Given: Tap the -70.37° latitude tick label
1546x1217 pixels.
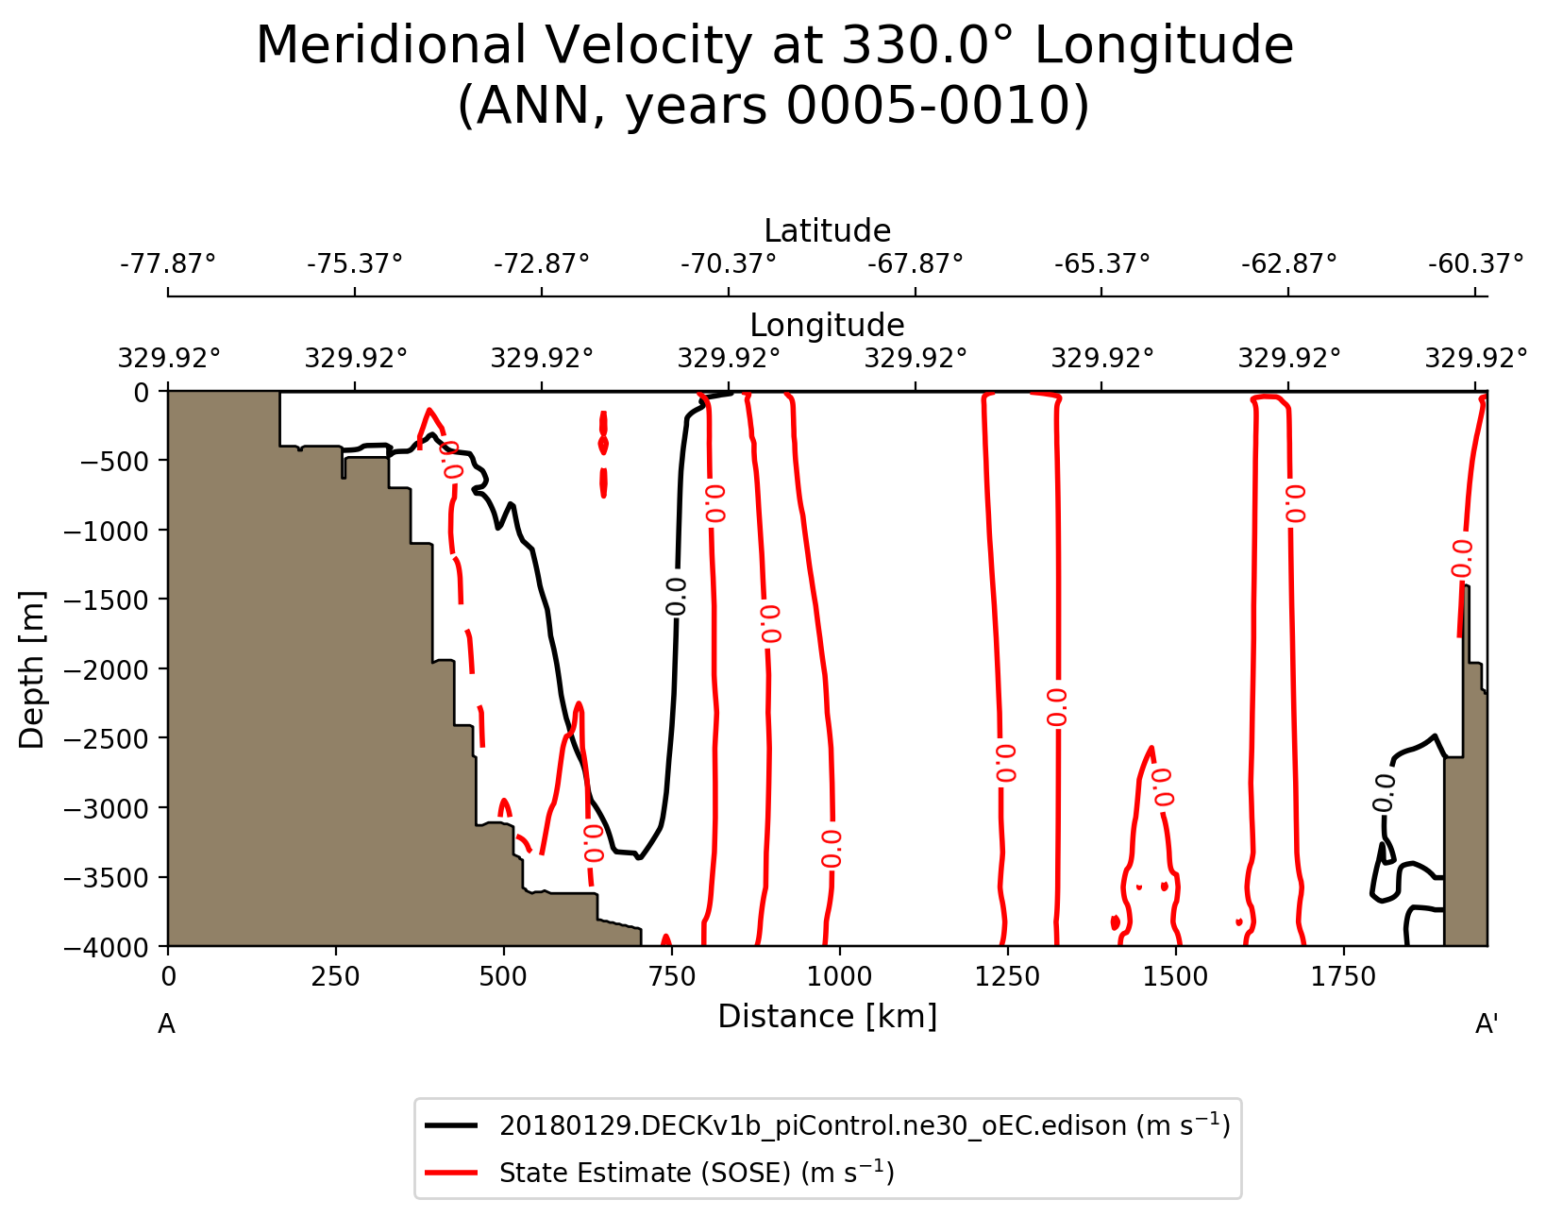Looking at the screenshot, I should pyautogui.click(x=729, y=262).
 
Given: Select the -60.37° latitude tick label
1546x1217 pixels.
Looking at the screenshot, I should pyautogui.click(x=1475, y=262).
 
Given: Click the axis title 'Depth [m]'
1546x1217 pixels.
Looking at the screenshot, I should pyautogui.click(x=32, y=669).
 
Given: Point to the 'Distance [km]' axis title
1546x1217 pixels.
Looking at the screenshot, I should pyautogui.click(x=827, y=1017).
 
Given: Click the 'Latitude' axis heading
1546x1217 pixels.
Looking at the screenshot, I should pyautogui.click(x=827, y=231).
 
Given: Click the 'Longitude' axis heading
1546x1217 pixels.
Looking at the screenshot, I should pyautogui.click(x=827, y=326).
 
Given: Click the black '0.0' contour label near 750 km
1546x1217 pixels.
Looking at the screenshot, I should pyautogui.click(x=677, y=597).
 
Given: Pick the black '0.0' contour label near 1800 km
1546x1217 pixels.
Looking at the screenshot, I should pyautogui.click(x=1384, y=793).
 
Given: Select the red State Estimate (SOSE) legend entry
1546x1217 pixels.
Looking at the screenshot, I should pyautogui.click(x=697, y=1173).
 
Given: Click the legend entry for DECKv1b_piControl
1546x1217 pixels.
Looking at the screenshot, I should pyautogui.click(x=864, y=1125).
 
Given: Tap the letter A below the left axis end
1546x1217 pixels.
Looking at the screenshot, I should pyautogui.click(x=166, y=1024).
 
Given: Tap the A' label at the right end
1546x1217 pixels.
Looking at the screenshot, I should pyautogui.click(x=1487, y=1024).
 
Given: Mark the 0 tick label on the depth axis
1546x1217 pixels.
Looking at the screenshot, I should pyautogui.click(x=142, y=392).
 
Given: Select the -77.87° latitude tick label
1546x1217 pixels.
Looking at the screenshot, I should pyautogui.click(x=168, y=262).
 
